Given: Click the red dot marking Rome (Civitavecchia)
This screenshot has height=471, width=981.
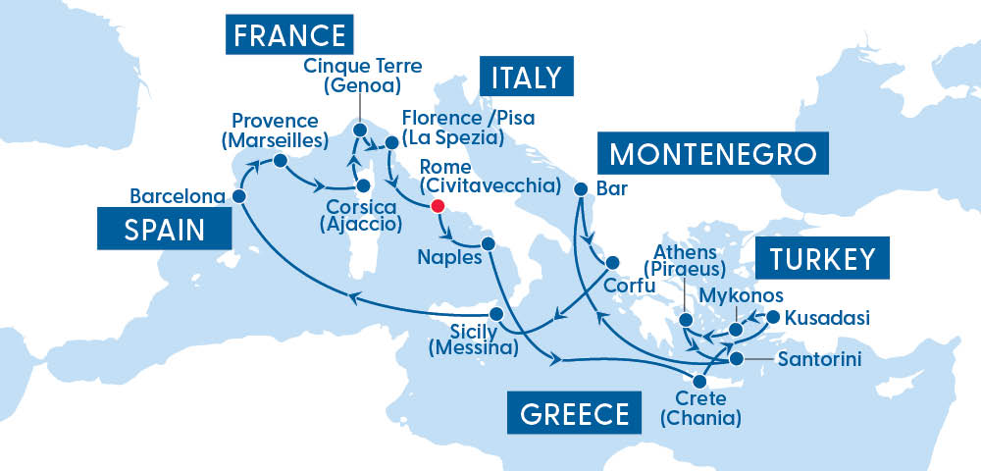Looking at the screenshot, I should coord(438,207).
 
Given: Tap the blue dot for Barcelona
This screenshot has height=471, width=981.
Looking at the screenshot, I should coord(239,196).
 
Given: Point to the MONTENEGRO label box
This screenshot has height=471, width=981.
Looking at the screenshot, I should coord(712,155).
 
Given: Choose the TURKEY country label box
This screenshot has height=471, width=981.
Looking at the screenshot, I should coord(821,259).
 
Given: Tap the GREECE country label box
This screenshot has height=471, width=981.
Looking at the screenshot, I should coord(568,412).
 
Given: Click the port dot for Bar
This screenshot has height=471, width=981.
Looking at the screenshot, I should coord(580,187).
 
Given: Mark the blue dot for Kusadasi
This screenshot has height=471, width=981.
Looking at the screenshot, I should coord(772,317).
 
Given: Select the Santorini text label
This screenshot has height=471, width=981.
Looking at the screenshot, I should coord(819,360).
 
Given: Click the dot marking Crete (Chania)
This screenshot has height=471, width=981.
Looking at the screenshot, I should coord(700,382).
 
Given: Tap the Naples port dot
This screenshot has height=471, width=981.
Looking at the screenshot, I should coord(488,243).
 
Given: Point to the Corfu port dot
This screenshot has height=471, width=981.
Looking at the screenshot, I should coord(612,263).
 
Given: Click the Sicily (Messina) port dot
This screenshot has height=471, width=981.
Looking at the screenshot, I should coord(496,314).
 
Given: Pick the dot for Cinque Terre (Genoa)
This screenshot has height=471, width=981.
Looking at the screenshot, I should coord(358,130).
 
